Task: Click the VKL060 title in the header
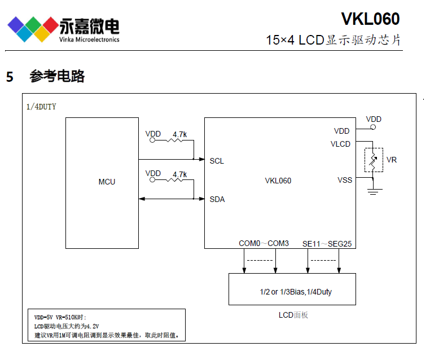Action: coord(370,19)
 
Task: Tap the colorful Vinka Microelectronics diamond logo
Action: coord(30,29)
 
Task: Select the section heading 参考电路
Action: coord(57,77)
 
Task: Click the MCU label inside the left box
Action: coord(107,182)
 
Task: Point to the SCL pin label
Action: coord(217,161)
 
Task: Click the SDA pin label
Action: coord(217,199)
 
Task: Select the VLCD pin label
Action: coord(340,144)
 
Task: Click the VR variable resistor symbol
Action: coord(372,160)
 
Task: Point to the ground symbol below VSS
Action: coord(372,192)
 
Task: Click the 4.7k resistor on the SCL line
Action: coord(179,142)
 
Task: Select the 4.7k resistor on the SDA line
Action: coord(179,181)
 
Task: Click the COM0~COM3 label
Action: coord(264,243)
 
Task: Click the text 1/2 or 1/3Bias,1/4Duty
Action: coord(292,292)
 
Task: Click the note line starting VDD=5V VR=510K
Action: coord(57,318)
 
